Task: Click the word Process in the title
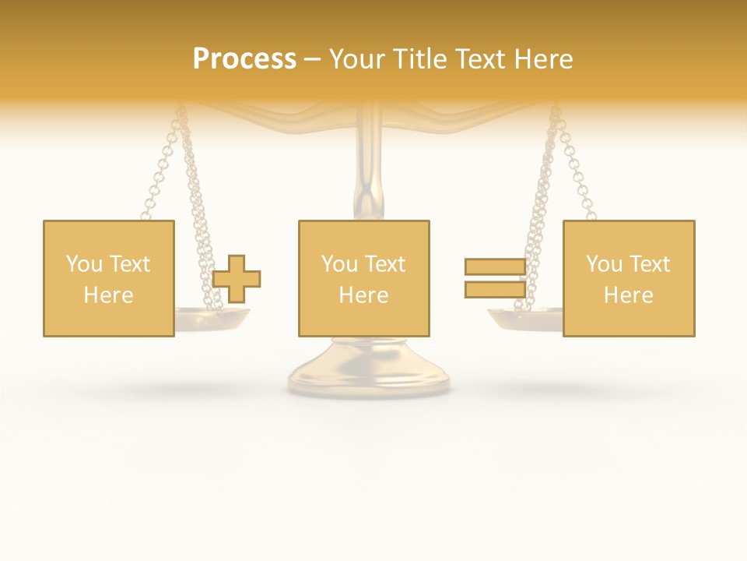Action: point(244,59)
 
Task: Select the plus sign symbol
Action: point(237,279)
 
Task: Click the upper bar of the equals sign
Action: point(495,266)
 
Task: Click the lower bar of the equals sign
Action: point(495,290)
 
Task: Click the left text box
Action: point(108,278)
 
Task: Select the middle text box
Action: point(363,278)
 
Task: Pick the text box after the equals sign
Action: point(629,278)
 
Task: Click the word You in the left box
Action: point(84,264)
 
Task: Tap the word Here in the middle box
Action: point(363,295)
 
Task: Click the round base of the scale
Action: point(368,370)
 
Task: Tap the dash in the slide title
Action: point(313,60)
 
